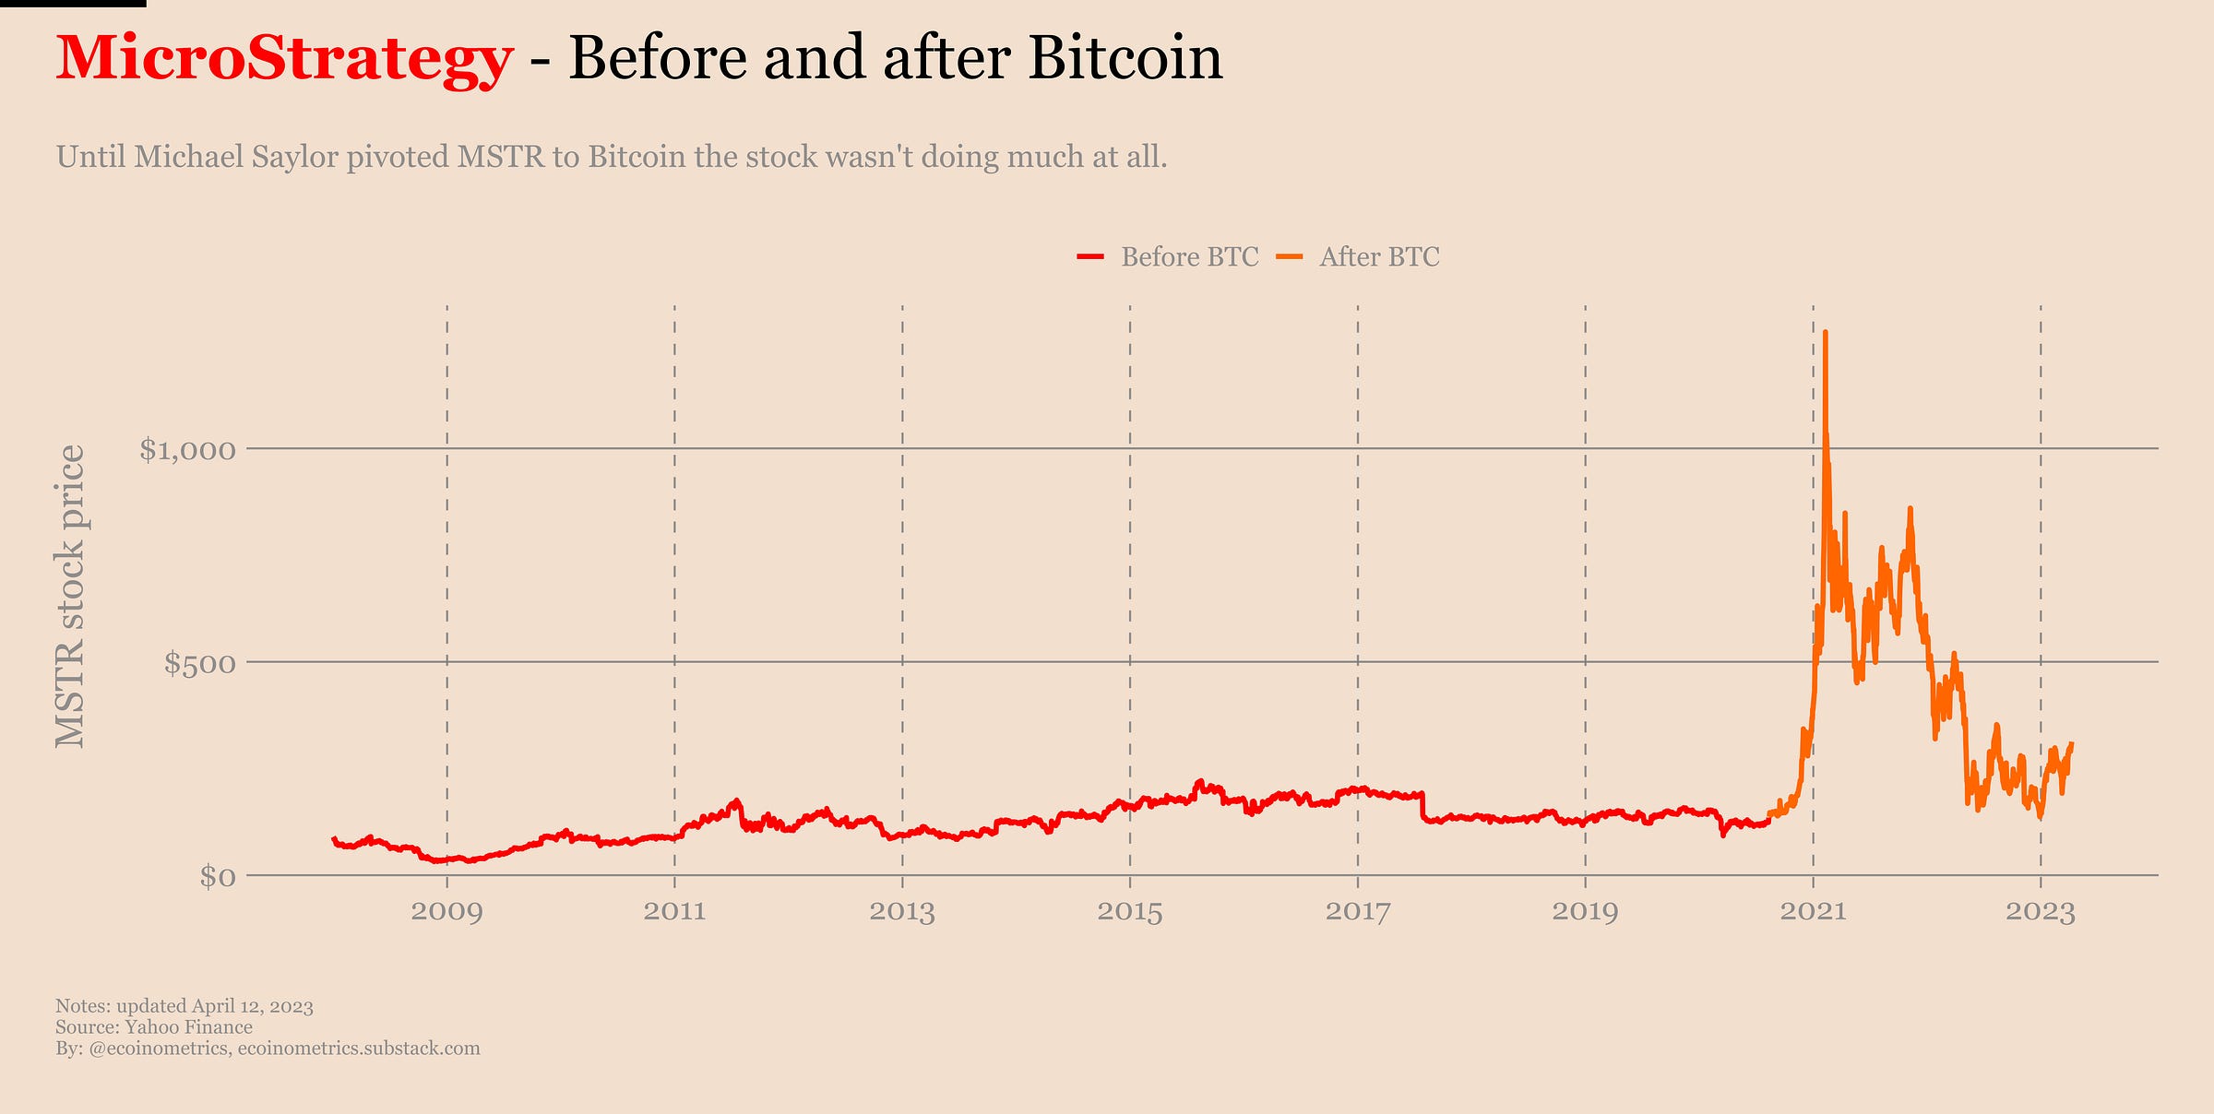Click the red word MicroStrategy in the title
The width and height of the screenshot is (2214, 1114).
tap(283, 58)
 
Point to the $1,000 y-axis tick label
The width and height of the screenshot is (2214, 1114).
tap(187, 450)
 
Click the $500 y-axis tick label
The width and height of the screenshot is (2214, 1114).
tap(199, 663)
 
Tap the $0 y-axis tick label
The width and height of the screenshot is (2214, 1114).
tap(218, 876)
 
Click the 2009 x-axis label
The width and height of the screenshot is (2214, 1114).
tap(446, 912)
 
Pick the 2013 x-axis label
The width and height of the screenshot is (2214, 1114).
tap(901, 912)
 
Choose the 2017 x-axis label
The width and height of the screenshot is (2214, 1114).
tap(1357, 912)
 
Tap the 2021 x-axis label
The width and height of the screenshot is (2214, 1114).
tap(1813, 912)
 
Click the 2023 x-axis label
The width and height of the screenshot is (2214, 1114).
tap(2040, 912)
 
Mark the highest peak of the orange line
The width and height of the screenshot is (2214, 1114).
tap(1826, 333)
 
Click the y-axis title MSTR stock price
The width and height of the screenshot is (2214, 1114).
tap(70, 596)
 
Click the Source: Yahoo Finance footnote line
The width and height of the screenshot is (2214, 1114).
tap(154, 1027)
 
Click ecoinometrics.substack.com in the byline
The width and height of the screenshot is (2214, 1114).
tap(359, 1049)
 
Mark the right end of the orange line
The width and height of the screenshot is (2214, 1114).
tap(2072, 744)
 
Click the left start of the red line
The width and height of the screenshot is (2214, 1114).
tap(334, 838)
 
